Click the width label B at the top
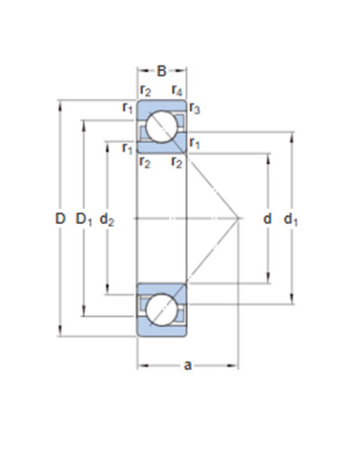click(x=161, y=71)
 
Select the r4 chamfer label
click(x=176, y=90)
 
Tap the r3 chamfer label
click(x=194, y=108)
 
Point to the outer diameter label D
click(x=60, y=219)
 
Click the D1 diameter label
click(x=84, y=219)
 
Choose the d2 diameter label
click(x=107, y=219)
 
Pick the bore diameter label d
click(x=267, y=219)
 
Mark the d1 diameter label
click(x=291, y=220)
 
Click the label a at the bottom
click(x=187, y=365)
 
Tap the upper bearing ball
click(x=161, y=126)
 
